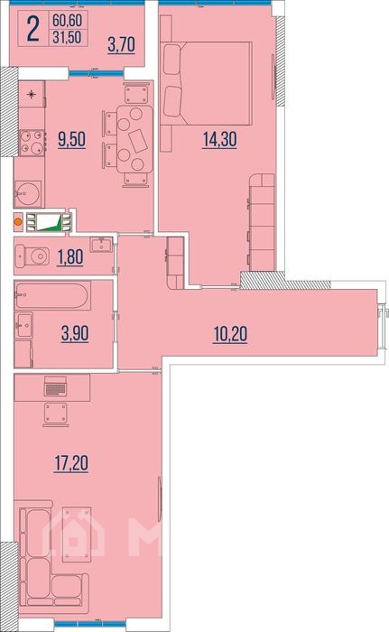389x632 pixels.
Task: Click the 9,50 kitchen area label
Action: click(72, 139)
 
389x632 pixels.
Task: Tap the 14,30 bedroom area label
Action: click(219, 139)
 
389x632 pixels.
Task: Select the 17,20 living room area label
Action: click(71, 463)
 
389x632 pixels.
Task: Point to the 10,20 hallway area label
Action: click(230, 334)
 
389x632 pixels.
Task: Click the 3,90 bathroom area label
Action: click(75, 334)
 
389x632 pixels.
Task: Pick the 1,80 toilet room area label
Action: click(70, 257)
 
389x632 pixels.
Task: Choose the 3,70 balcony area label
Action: click(121, 44)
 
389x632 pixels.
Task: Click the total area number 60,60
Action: click(67, 20)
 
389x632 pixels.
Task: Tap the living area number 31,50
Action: click(67, 38)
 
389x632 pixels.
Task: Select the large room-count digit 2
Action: click(33, 29)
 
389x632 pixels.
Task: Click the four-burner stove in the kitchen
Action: click(32, 143)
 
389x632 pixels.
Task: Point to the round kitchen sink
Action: click(28, 194)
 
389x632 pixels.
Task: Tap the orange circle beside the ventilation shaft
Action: click(18, 221)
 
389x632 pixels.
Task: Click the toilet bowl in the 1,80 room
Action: click(32, 256)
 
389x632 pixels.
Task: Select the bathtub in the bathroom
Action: click(52, 295)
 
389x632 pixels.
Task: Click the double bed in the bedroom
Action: click(207, 83)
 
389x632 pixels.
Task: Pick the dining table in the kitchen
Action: click(135, 139)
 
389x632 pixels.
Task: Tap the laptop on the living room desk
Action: click(56, 386)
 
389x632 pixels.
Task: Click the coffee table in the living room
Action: click(77, 534)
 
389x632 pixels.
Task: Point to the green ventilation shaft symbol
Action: click(49, 222)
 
